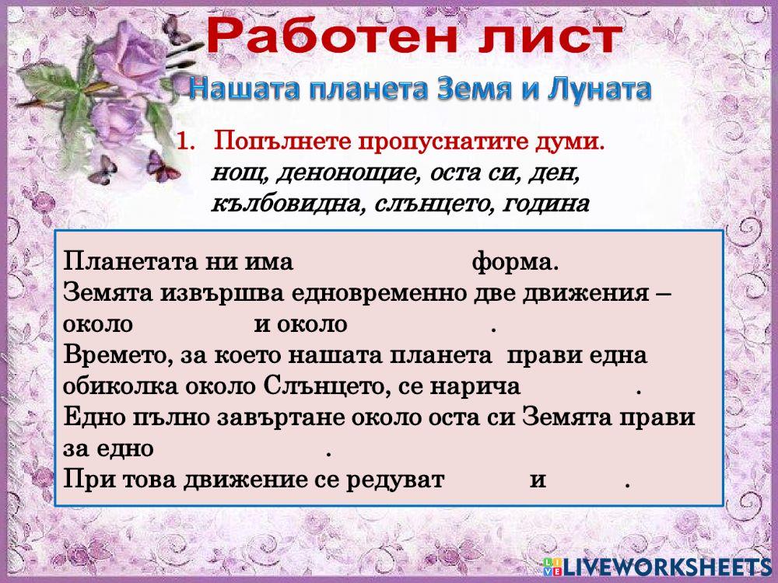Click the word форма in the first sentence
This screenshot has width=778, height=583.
(513, 261)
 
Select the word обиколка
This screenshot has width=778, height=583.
(120, 386)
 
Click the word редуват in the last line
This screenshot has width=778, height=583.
(394, 480)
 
